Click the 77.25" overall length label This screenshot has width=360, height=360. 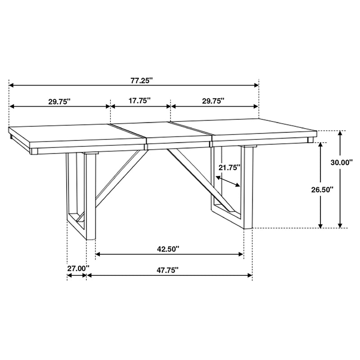tap(139, 80)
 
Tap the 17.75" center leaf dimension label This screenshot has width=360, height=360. tap(139, 101)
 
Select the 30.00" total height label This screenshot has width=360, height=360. tap(342, 162)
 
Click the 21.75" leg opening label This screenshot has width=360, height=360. tap(229, 167)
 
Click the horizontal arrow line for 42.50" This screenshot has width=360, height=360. tap(169, 255)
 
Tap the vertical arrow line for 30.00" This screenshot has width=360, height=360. tap(341, 180)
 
